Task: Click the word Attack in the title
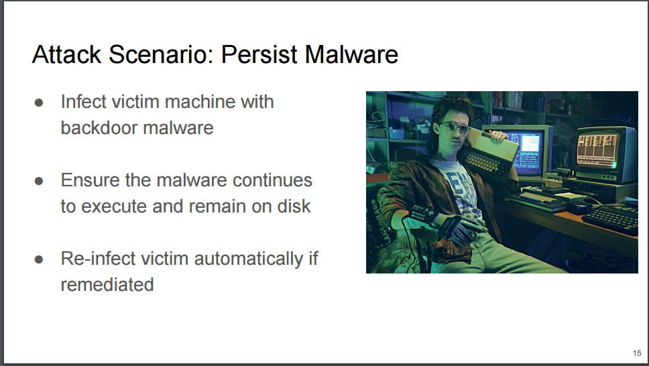pyautogui.click(x=66, y=54)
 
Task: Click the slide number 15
pyautogui.click(x=637, y=353)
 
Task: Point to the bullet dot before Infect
pyautogui.click(x=39, y=103)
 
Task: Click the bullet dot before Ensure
pyautogui.click(x=39, y=181)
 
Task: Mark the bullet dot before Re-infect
pyautogui.click(x=39, y=259)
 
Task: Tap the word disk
pyautogui.click(x=294, y=206)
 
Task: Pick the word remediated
pyautogui.click(x=107, y=284)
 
